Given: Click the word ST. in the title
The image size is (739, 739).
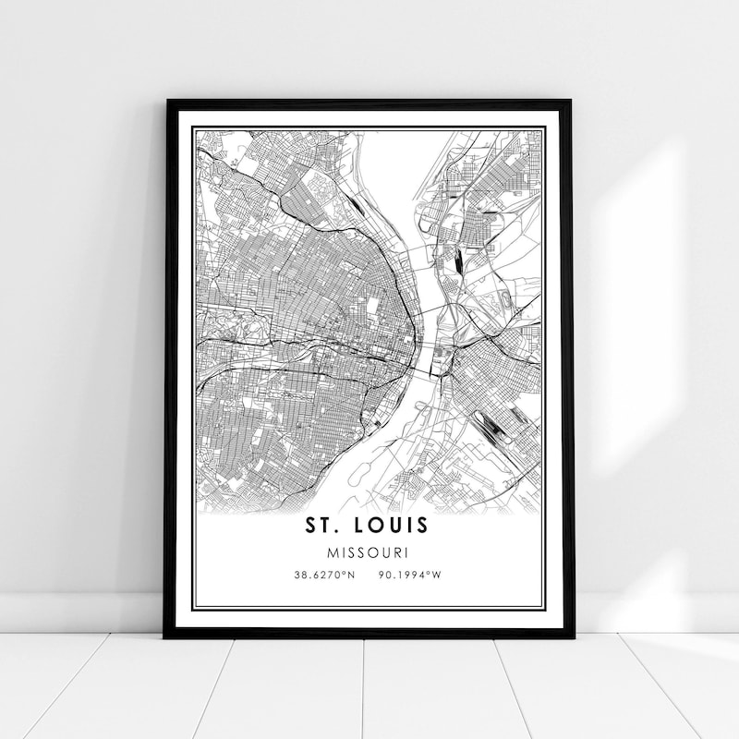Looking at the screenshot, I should [325, 525].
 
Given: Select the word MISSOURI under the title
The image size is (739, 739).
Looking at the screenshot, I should [369, 551].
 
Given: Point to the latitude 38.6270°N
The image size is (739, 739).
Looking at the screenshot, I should [324, 575].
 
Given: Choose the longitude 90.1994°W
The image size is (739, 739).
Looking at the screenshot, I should [410, 575].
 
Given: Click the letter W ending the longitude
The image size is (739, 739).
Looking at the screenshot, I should [438, 575].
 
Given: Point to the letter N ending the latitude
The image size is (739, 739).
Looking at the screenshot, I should [351, 575].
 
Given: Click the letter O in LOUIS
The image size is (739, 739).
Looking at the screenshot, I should [382, 525].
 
